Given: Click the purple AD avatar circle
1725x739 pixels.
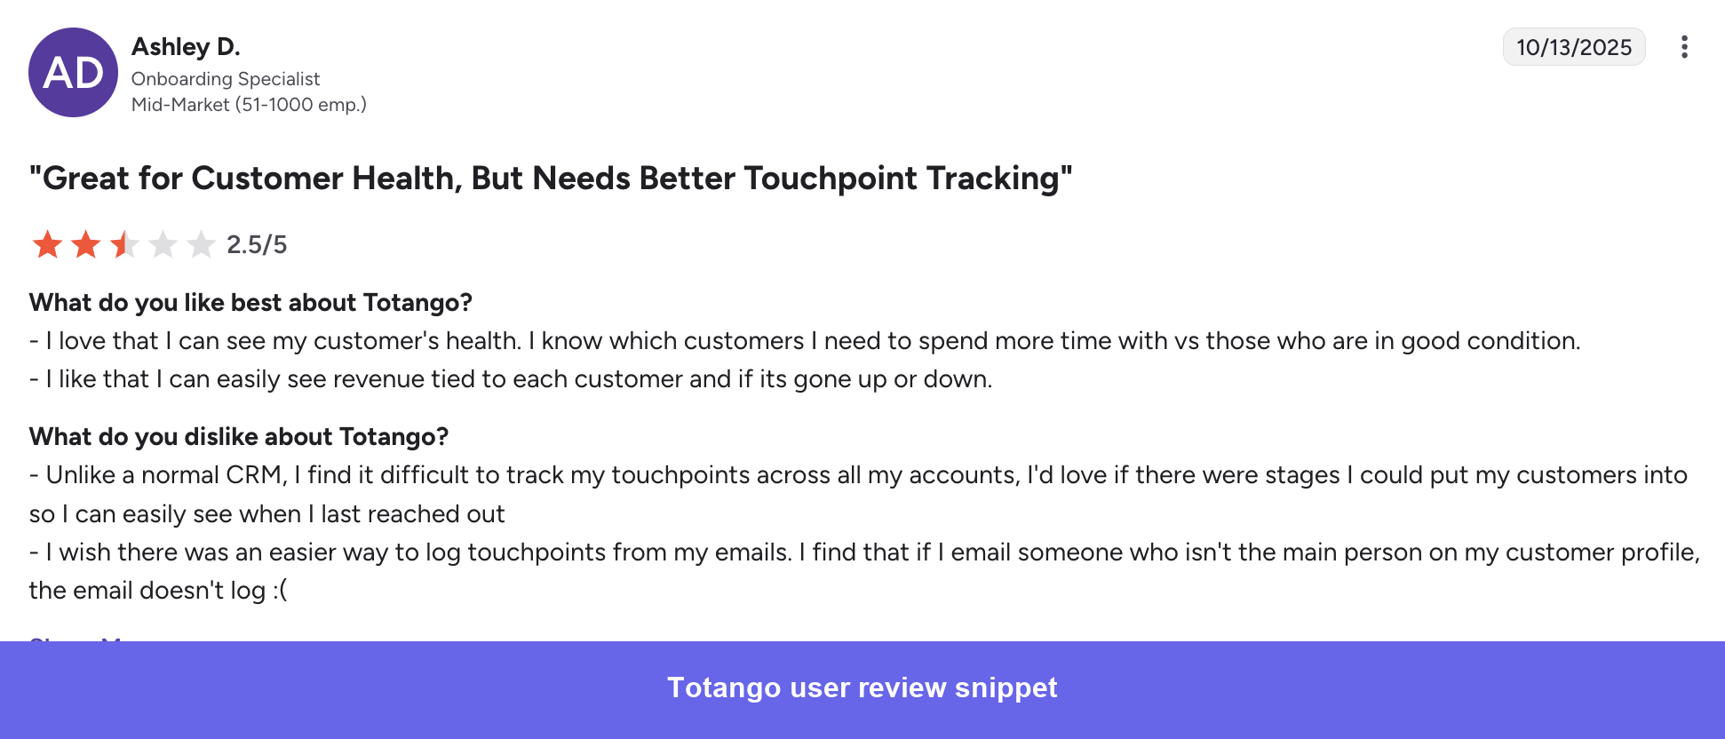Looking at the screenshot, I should click(x=73, y=73).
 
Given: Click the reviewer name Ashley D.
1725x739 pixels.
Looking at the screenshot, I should click(x=186, y=46).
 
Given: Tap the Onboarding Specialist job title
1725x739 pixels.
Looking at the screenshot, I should click(x=226, y=79).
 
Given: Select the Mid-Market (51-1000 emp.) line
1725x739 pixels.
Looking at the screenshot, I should click(x=249, y=105).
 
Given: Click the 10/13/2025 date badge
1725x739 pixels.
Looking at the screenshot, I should click(x=1573, y=47).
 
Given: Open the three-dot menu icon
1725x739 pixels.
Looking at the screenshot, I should click(x=1683, y=47).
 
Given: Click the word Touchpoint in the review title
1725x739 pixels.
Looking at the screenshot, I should click(x=831, y=179).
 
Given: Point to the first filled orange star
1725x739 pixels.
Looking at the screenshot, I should click(x=47, y=244).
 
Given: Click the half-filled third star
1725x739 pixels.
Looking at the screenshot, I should click(x=124, y=244).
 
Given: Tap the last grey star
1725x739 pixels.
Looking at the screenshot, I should click(x=202, y=244).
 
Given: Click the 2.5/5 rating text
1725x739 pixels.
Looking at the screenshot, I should click(x=257, y=244).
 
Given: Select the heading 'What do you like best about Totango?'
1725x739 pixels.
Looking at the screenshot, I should click(x=250, y=303).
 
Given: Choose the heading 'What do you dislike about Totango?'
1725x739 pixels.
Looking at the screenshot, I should click(x=239, y=437).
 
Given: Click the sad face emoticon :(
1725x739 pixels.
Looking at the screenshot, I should click(x=280, y=591).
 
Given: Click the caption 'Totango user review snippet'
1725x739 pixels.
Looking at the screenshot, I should click(x=862, y=687).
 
